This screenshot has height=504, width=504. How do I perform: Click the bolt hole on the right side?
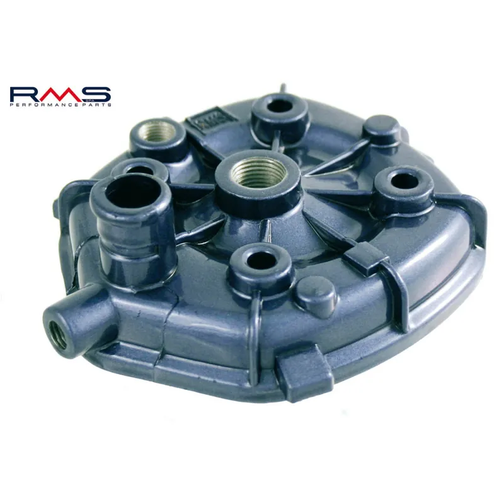tap(404, 181)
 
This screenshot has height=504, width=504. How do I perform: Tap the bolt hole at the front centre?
tap(259, 260)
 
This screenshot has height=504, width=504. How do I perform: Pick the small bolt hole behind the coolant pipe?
tap(140, 169)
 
